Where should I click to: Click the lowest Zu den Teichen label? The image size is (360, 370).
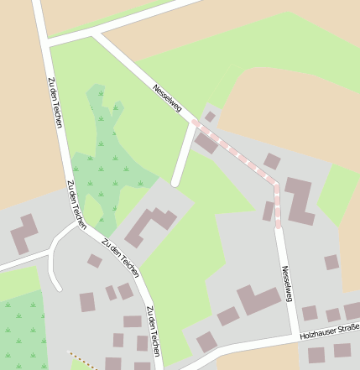click(x=153, y=332)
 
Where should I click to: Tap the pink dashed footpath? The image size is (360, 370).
click(x=239, y=155)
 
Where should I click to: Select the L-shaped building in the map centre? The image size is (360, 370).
click(x=151, y=226)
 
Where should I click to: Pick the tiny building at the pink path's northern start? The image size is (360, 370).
click(x=210, y=116)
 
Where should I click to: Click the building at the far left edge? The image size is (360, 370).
click(x=24, y=234)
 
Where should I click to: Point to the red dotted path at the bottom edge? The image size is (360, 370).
click(x=82, y=361)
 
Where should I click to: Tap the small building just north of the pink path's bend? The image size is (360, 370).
click(x=272, y=161)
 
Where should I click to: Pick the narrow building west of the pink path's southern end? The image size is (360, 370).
click(x=268, y=211)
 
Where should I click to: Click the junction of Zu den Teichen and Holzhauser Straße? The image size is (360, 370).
click(x=164, y=367)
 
